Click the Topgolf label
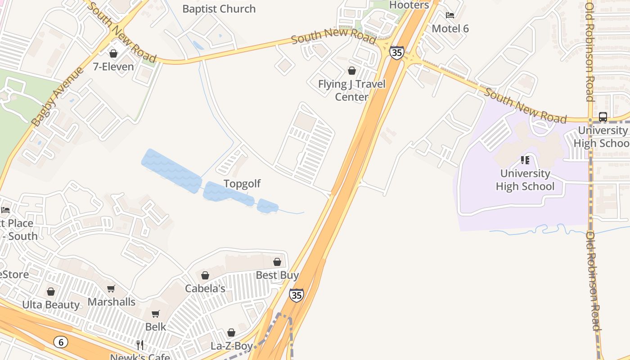pos(242,184)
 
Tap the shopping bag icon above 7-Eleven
pos(113,54)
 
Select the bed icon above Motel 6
pos(450,15)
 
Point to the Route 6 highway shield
pos(60,342)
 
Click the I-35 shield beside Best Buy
pos(296,295)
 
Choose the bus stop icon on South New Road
pos(603,117)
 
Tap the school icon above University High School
pos(525,160)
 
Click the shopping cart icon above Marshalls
pos(111,289)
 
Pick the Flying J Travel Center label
pos(351,90)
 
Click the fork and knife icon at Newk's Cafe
pos(140,345)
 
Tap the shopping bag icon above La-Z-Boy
pos(231,333)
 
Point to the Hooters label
pos(409,5)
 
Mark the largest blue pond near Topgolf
pos(171,171)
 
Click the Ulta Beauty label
pos(51,305)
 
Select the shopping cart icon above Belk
pos(155,314)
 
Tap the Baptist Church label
pos(219,9)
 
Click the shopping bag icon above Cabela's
pos(205,275)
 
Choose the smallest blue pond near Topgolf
pos(267,206)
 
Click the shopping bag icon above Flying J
pos(352,71)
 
